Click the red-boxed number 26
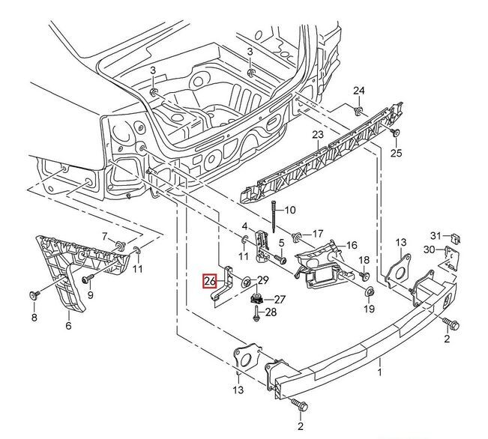209,282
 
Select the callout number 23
317,135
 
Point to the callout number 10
290,210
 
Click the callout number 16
351,245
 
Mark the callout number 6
68,326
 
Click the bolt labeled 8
34,295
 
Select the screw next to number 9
85,278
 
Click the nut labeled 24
358,110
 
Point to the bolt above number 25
395,133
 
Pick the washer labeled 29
247,283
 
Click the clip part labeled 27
256,299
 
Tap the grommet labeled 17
297,236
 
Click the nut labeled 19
369,291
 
